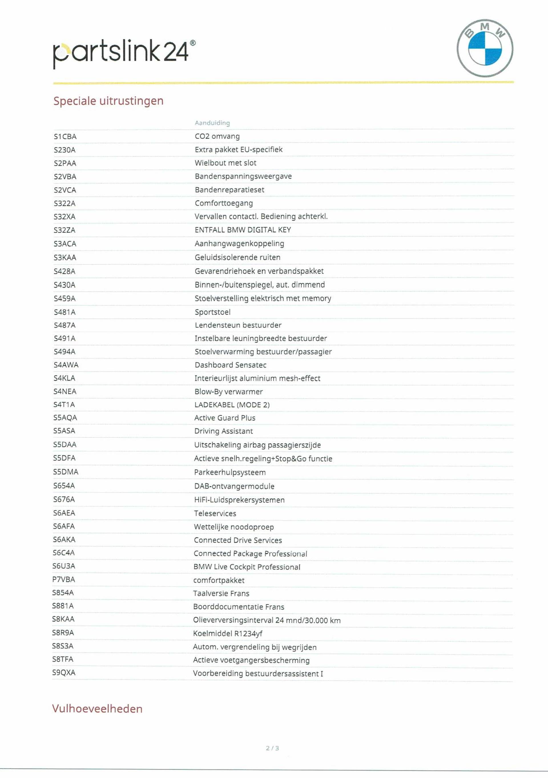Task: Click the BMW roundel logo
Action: click(x=485, y=48)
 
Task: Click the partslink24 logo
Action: click(x=124, y=53)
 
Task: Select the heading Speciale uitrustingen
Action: click(x=108, y=101)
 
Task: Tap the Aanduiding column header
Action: click(x=212, y=123)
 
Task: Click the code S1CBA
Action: click(x=65, y=136)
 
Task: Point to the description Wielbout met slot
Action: click(x=225, y=163)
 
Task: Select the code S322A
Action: click(x=64, y=203)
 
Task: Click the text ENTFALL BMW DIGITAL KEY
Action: click(x=243, y=230)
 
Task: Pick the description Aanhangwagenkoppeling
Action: click(x=239, y=244)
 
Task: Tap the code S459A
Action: click(x=64, y=299)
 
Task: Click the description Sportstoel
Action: click(x=212, y=312)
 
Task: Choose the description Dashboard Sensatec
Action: click(x=230, y=365)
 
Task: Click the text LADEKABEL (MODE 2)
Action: click(x=232, y=405)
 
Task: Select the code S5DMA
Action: click(x=65, y=472)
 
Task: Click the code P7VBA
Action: click(x=63, y=580)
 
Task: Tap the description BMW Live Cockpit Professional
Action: click(x=247, y=567)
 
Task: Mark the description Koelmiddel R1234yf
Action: click(x=227, y=633)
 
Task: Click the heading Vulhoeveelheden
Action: click(x=97, y=709)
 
